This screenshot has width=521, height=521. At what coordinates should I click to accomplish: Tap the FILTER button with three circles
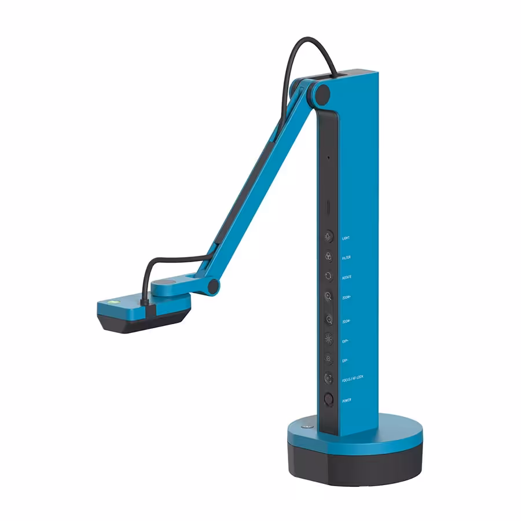click(328, 256)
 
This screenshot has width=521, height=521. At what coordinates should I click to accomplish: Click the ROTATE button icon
click(328, 277)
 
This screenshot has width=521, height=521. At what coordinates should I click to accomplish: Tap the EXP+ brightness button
click(328, 339)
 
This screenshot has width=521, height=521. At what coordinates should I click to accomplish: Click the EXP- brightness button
click(328, 359)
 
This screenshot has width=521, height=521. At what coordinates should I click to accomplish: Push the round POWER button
click(328, 399)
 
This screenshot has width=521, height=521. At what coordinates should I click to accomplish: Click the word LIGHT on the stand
click(346, 237)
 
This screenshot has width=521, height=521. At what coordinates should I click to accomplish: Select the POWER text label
click(347, 400)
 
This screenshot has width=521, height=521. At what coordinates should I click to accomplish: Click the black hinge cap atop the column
click(322, 93)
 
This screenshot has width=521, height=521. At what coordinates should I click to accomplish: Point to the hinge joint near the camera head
click(214, 285)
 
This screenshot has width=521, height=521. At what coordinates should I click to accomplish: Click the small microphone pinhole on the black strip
click(328, 157)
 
